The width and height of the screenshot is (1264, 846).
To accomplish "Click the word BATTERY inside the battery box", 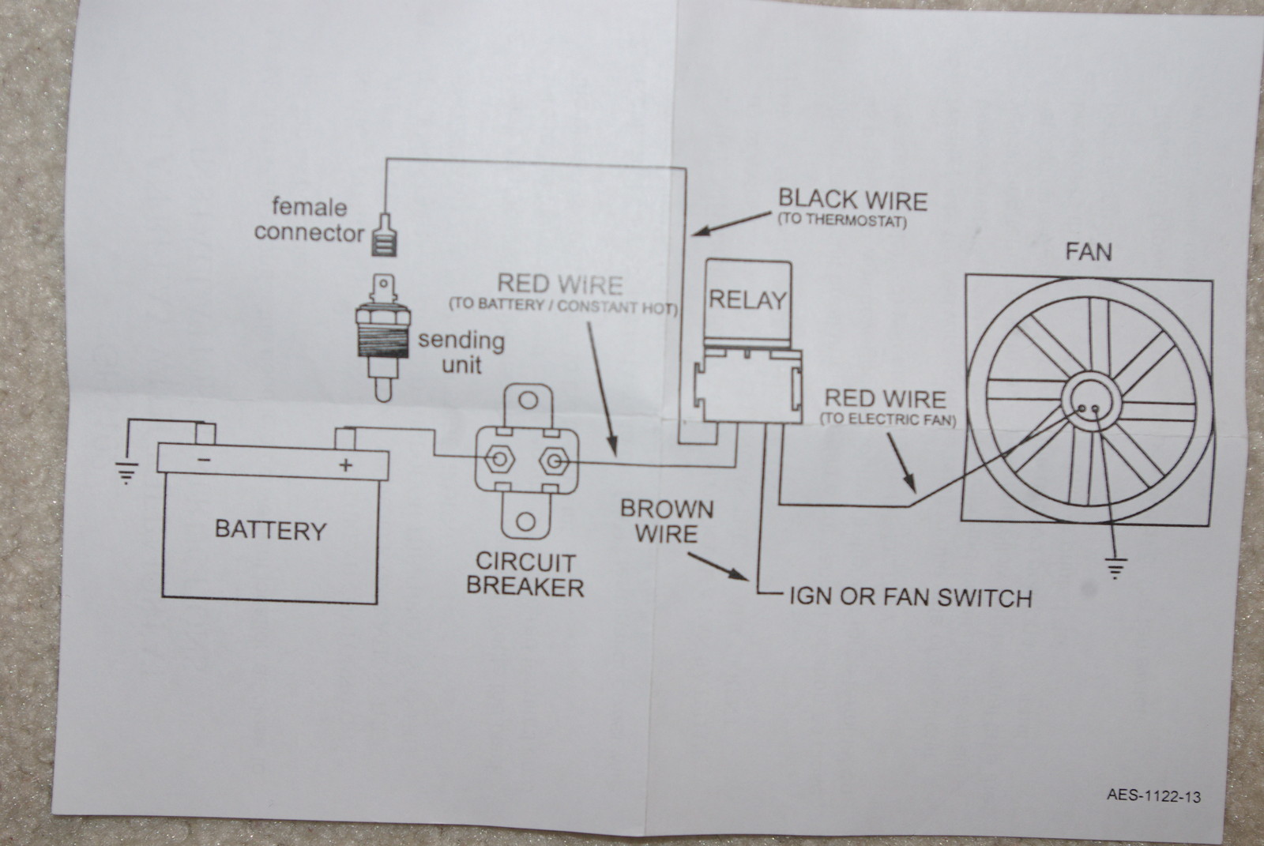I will pos(270,530).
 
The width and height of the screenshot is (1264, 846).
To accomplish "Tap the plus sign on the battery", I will pos(345,465).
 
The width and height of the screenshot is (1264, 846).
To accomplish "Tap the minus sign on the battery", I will pos(204,459).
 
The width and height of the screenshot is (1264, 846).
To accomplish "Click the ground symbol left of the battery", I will pos(126,472).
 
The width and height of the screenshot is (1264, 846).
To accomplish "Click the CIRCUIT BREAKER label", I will pos(525,574).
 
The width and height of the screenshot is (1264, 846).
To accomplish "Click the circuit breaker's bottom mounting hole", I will pos(525,521).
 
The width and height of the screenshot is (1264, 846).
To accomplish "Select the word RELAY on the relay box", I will pos(747,300).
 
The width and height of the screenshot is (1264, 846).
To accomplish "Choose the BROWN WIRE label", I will pos(667,521).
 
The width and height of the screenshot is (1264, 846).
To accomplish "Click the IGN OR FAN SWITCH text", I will pos(910,597).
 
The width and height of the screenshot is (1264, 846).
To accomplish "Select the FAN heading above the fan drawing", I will pos(1088,253).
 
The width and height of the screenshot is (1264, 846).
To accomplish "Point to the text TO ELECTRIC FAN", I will pos(888,420).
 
